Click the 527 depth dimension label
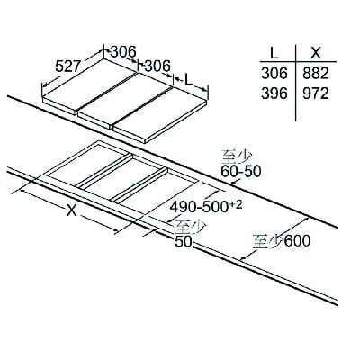68,66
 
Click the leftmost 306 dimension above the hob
123,51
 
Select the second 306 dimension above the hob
157,66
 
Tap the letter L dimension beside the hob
188,80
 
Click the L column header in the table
274,53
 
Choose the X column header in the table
316,53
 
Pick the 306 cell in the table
274,73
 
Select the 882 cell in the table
316,73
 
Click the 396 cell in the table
274,94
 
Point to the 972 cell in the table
316,94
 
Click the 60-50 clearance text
241,171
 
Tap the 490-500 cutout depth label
200,207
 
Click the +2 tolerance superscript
237,204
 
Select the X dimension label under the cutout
71,210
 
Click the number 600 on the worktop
297,240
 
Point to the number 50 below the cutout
183,242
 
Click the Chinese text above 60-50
236,157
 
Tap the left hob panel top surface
89,83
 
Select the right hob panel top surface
160,113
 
